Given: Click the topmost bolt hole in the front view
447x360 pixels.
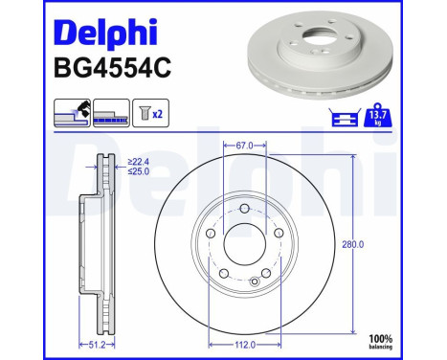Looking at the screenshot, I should (x=245, y=210).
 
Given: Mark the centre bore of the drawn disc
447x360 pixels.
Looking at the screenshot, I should (x=245, y=245).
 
